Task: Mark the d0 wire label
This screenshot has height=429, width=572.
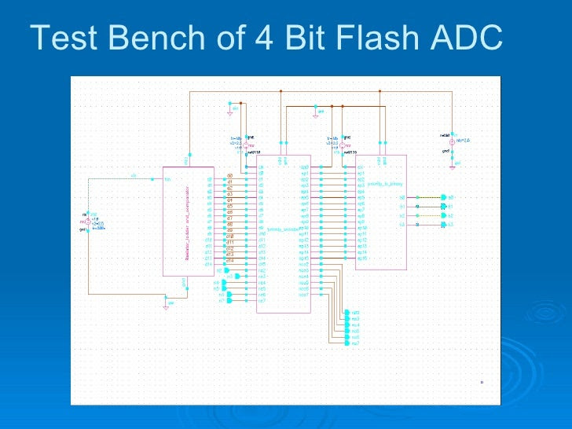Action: (x=230, y=176)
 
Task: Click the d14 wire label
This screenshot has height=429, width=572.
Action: (x=230, y=260)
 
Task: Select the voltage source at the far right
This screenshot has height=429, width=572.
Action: (x=453, y=141)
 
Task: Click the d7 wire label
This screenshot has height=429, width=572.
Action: (x=230, y=218)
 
